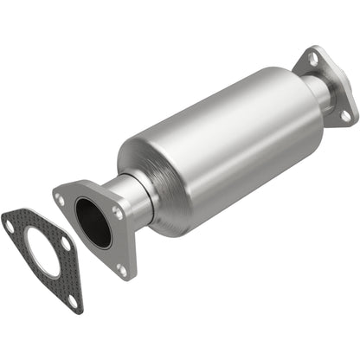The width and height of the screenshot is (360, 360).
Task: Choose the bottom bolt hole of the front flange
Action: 120,270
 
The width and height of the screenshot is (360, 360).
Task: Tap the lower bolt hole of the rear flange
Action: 344,113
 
